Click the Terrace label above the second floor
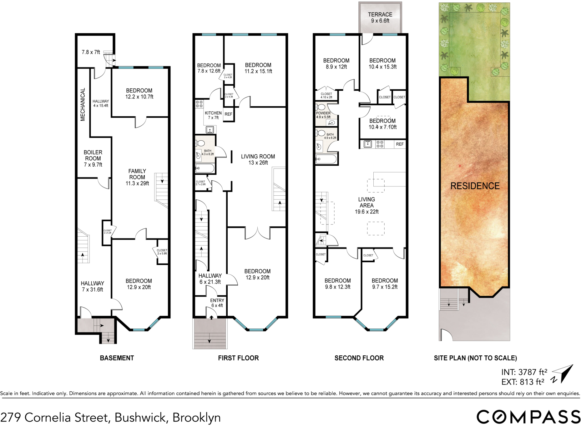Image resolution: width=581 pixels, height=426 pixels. [x=380, y=18]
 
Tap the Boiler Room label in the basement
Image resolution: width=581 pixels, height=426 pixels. [x=93, y=158]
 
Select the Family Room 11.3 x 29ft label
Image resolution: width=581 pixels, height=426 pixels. [x=137, y=177]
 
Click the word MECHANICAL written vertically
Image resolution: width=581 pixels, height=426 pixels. [x=83, y=104]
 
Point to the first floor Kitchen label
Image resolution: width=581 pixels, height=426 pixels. [x=213, y=115]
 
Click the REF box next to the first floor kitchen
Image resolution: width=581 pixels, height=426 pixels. [x=228, y=114]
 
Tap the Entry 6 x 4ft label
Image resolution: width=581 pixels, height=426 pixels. [x=217, y=303]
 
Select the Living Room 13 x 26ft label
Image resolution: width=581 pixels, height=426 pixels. [x=258, y=159]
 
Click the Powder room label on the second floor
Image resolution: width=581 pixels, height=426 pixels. [x=323, y=115]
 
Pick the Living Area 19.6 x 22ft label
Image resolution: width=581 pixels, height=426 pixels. [x=366, y=205]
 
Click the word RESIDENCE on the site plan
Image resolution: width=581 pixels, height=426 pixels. [x=475, y=186]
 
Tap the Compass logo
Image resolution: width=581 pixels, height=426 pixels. [x=528, y=417]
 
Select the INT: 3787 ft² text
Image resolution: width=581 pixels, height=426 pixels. [x=524, y=372]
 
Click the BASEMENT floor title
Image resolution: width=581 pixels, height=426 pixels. [x=117, y=358]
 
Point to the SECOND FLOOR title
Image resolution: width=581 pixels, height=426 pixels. [x=359, y=358]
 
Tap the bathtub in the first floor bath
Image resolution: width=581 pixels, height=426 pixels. [x=205, y=168]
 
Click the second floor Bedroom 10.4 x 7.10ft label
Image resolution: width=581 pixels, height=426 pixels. [x=382, y=124]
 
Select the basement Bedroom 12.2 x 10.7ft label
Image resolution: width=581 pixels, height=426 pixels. [x=139, y=93]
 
